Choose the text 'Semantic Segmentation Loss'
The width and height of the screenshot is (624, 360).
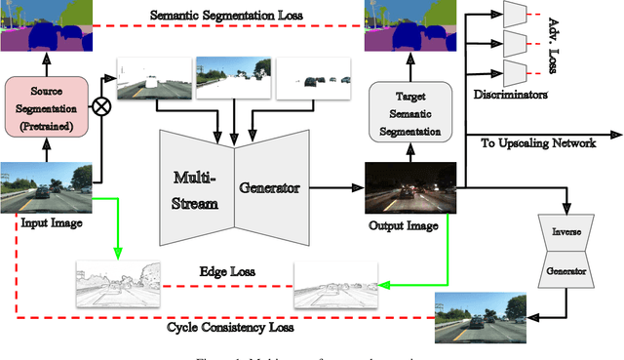point(227,17)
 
